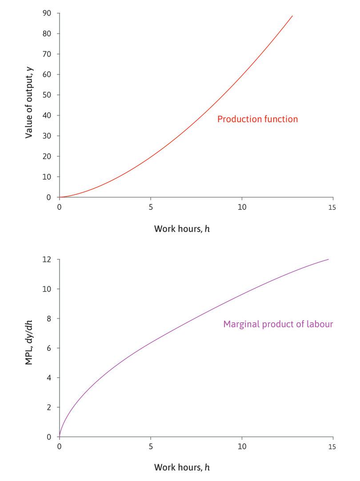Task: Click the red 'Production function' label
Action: (257, 119)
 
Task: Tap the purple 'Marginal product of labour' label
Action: (278, 324)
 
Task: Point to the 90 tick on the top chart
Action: (47, 13)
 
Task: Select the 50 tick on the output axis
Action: (47, 95)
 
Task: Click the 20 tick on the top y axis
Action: (47, 156)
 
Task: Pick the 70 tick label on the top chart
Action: (47, 54)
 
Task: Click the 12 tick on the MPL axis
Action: (48, 259)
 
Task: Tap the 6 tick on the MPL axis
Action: (49, 348)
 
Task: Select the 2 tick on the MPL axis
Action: (49, 407)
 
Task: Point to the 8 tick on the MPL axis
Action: (49, 318)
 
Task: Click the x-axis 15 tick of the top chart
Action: (332, 207)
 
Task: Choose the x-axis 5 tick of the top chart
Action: (151, 207)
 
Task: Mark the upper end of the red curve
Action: (292, 16)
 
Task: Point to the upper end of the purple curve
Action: (328, 259)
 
